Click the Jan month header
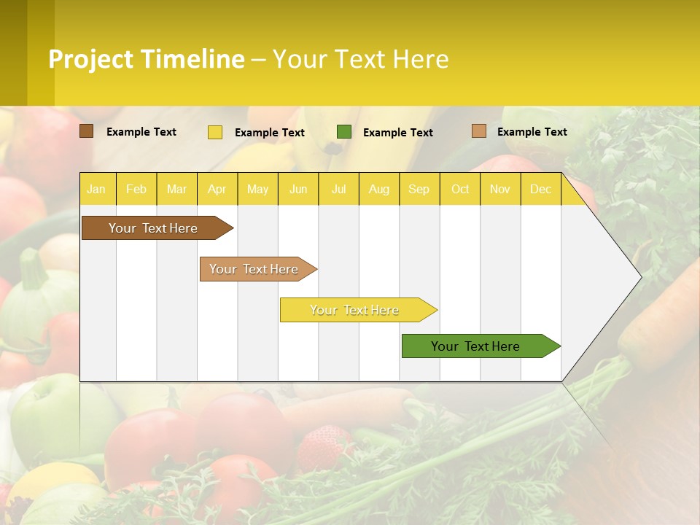96,190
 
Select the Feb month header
136,190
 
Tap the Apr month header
217,190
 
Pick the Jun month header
298,190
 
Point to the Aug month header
379,190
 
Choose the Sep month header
419,190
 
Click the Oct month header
460,190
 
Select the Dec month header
541,190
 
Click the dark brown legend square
87,131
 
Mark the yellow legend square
215,132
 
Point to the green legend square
344,132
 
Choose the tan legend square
478,131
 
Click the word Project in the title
91,59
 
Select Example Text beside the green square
398,133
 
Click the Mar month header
177,190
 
